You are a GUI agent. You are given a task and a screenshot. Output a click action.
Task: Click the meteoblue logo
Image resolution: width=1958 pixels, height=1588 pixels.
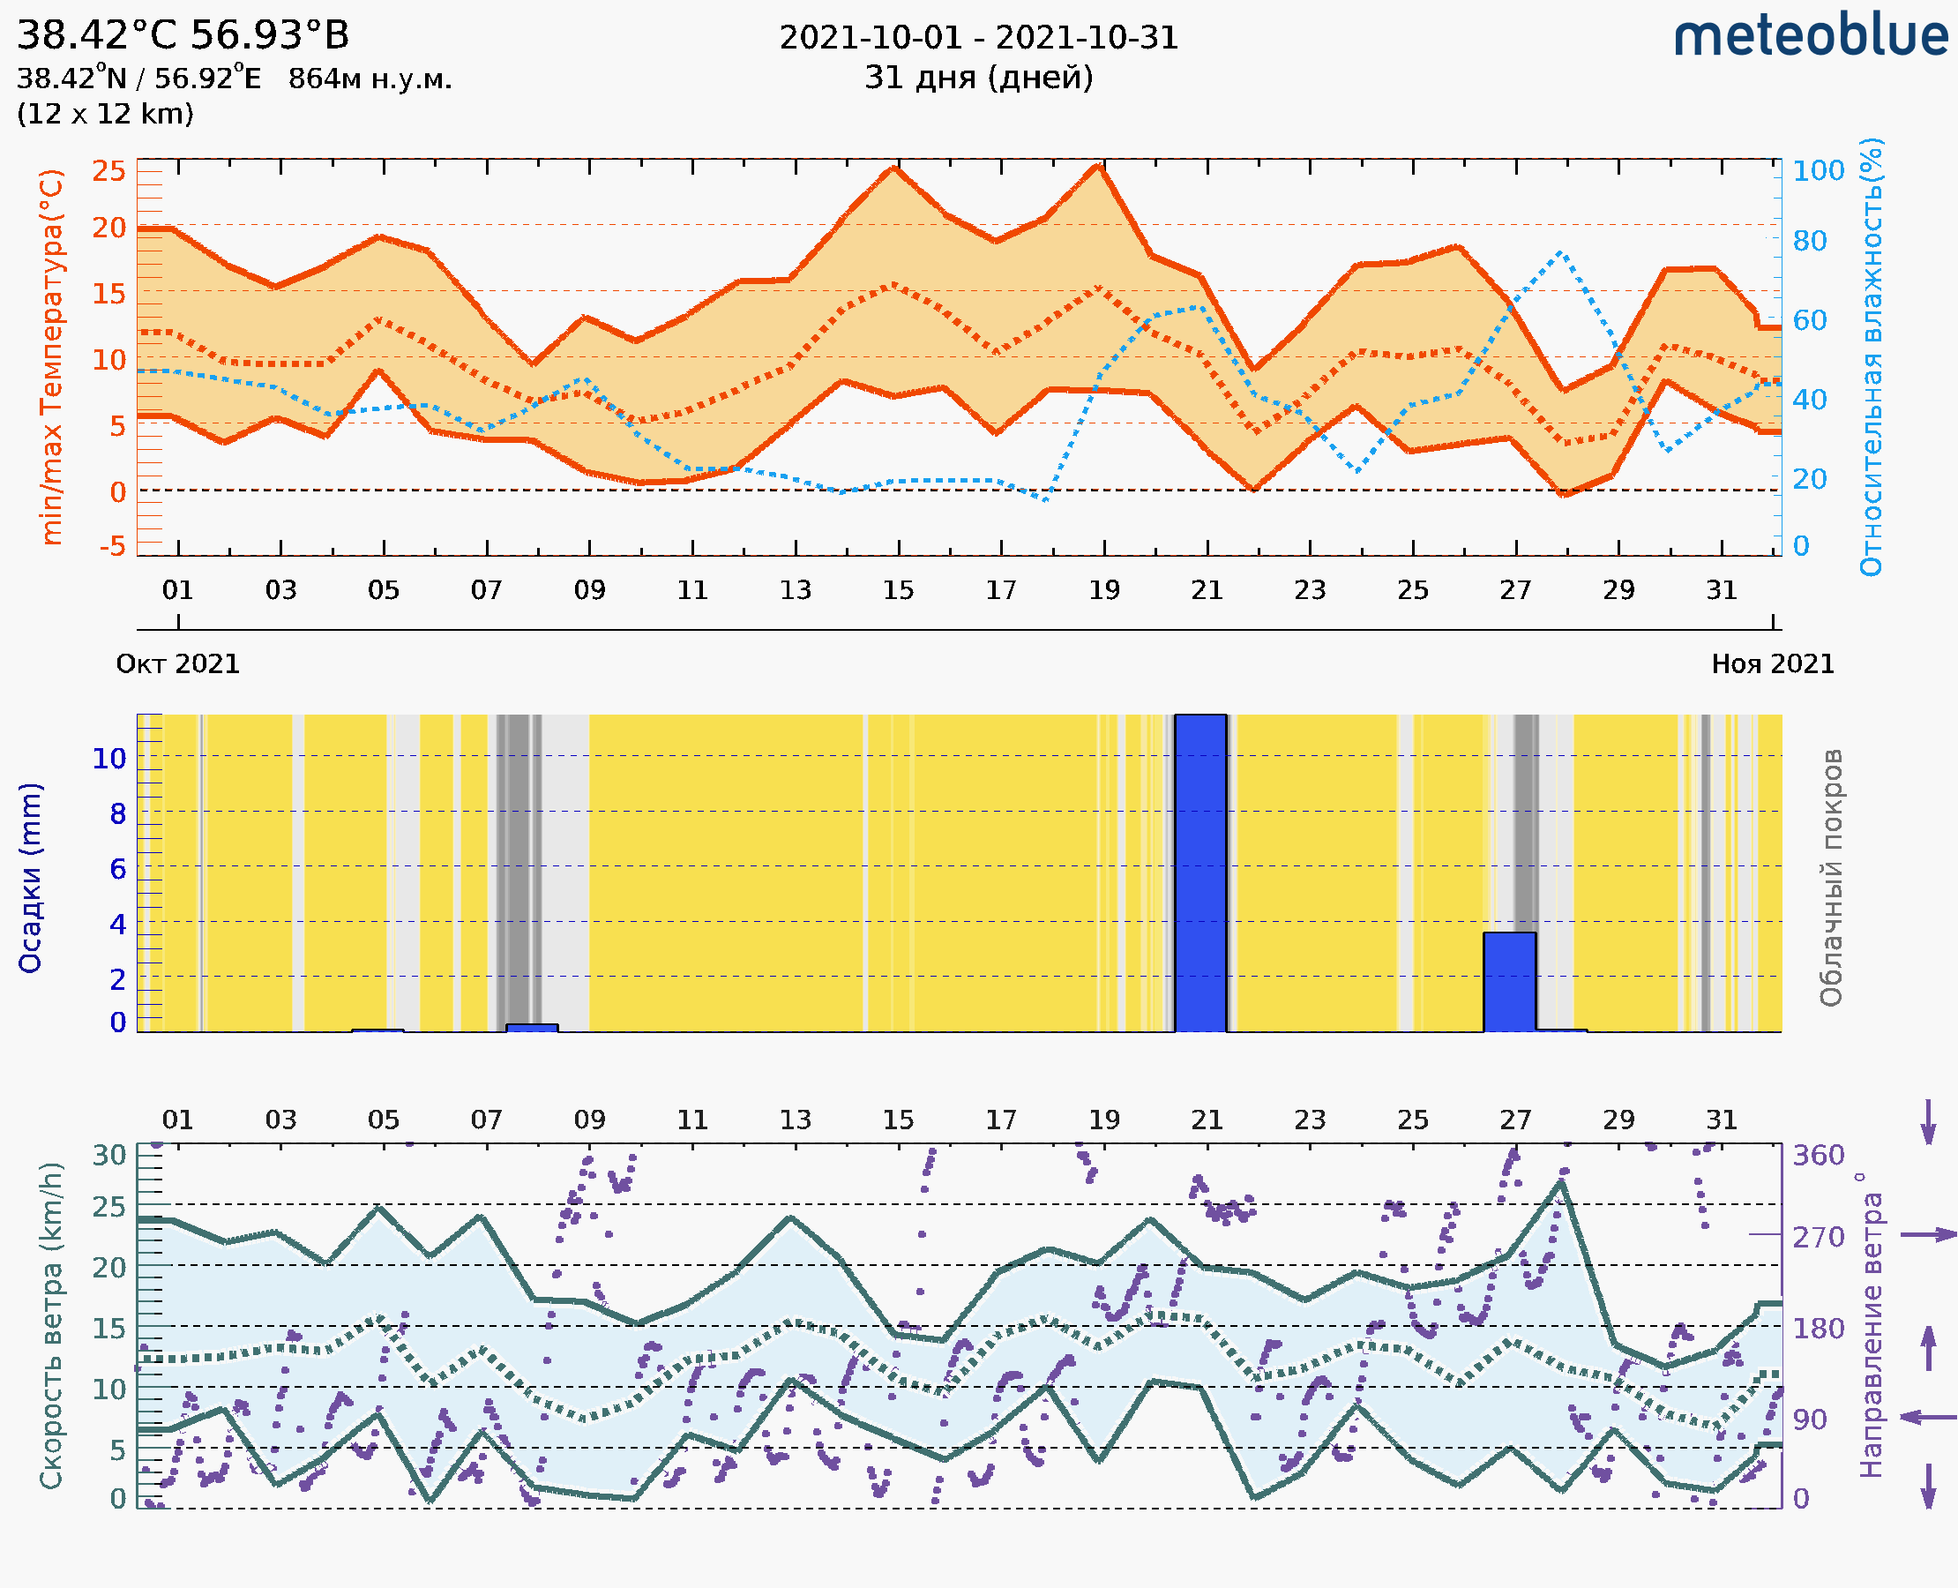(x=1810, y=36)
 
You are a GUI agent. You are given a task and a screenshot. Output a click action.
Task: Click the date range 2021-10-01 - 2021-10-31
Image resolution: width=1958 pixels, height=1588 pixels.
(x=978, y=38)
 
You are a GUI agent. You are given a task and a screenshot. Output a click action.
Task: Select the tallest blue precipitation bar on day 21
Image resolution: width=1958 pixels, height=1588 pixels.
(x=1199, y=873)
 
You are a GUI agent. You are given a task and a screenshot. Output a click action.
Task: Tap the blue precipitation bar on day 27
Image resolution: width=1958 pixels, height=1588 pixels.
(x=1509, y=982)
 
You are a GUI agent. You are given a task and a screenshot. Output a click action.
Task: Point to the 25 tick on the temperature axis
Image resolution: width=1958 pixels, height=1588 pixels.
(x=108, y=171)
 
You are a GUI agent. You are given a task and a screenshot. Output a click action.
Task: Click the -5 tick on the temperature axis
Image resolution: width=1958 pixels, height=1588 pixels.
(x=112, y=546)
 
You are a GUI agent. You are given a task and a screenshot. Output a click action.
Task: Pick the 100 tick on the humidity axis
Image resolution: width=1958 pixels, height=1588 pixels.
(x=1818, y=171)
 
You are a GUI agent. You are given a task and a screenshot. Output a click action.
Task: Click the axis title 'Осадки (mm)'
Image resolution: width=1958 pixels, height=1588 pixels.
(x=30, y=877)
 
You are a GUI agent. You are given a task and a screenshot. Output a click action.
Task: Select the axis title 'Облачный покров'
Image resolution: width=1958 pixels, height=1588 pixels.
(x=1831, y=877)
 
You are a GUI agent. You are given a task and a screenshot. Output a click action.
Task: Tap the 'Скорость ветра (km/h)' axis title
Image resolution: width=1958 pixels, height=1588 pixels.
(x=51, y=1325)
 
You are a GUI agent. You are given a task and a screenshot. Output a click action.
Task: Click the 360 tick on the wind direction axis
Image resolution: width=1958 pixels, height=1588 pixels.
(x=1818, y=1156)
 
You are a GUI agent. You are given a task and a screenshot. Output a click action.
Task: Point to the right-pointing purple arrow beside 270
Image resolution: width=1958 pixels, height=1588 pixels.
(x=1928, y=1235)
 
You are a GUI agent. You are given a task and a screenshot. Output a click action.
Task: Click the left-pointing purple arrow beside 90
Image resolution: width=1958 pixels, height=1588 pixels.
(x=1928, y=1417)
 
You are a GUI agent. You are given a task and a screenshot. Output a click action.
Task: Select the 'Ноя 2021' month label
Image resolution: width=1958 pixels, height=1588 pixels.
(x=1773, y=663)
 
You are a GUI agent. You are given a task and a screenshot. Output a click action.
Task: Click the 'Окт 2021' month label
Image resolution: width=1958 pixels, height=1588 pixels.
(x=177, y=663)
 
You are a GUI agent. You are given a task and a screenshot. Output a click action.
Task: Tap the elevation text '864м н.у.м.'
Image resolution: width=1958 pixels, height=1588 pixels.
(x=370, y=79)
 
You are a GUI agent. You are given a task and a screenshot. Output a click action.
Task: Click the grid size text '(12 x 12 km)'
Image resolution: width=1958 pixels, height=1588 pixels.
(x=105, y=114)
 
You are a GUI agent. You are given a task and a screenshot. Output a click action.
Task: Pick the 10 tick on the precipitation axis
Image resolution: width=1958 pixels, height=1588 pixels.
(x=108, y=758)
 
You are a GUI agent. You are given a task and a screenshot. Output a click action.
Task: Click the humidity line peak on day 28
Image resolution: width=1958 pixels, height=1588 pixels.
(x=1560, y=251)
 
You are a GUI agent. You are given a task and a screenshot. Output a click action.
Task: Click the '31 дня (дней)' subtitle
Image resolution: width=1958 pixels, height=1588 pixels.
(x=978, y=77)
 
